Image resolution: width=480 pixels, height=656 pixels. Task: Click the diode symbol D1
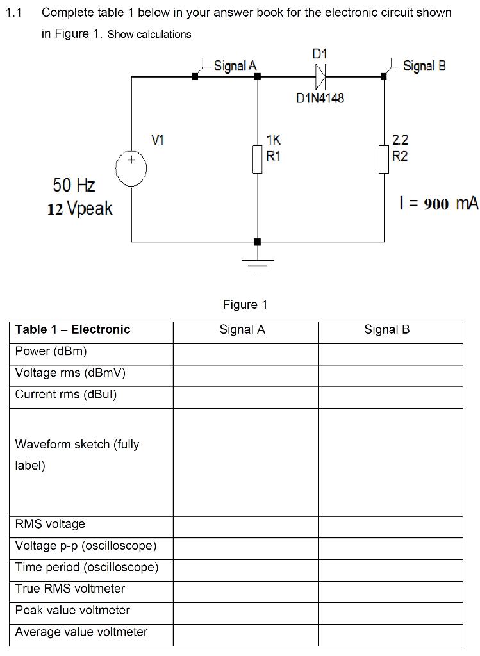(x=320, y=78)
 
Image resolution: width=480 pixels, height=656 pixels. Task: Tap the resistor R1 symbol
(x=258, y=159)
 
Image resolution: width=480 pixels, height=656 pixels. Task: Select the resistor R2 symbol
(x=384, y=159)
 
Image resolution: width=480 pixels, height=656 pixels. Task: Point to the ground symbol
(x=258, y=264)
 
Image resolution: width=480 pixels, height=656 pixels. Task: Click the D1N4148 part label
(x=320, y=98)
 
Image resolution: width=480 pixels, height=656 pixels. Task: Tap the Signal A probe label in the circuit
(x=235, y=65)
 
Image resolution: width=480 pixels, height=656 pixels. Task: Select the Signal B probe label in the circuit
(x=424, y=65)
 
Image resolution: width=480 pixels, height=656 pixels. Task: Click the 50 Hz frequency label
(x=74, y=186)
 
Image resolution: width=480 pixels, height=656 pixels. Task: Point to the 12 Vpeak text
(x=79, y=208)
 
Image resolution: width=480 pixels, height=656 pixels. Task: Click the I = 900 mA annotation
(x=438, y=204)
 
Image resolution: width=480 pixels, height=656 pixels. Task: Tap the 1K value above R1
(x=273, y=139)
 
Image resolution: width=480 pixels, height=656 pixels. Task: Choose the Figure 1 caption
(x=245, y=305)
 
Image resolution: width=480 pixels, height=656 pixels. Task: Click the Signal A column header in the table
(x=242, y=330)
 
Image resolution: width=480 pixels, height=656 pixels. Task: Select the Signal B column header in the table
(x=386, y=330)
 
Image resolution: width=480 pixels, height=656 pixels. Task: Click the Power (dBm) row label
(x=51, y=351)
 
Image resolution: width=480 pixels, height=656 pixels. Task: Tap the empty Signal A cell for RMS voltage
(x=245, y=527)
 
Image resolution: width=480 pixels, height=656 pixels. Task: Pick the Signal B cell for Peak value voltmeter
(x=390, y=612)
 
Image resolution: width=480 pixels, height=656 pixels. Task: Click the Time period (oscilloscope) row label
(x=87, y=568)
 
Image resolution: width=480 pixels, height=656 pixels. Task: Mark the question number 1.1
(x=14, y=13)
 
